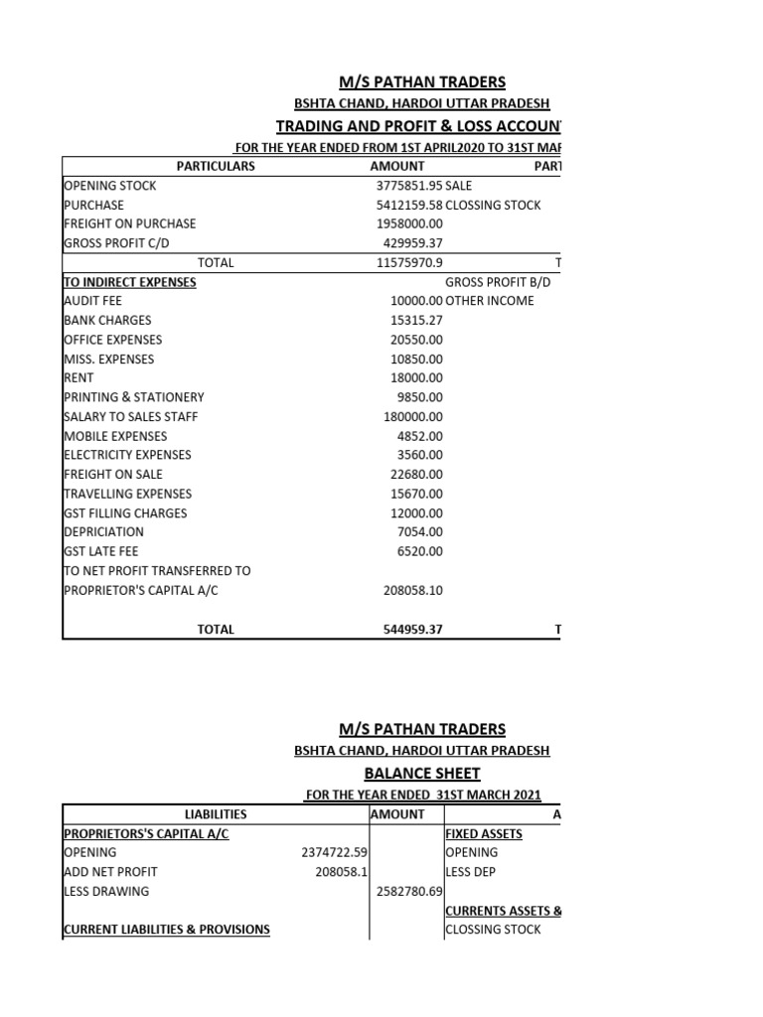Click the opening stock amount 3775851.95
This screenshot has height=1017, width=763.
[x=409, y=186]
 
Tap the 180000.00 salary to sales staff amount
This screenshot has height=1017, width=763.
[x=413, y=417]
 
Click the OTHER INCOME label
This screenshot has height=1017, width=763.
[x=490, y=301]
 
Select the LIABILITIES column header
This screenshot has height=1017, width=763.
[x=216, y=814]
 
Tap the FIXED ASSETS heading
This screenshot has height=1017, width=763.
[x=484, y=833]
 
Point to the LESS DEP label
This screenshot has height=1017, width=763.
[x=470, y=872]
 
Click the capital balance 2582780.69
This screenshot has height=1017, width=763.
[x=408, y=892]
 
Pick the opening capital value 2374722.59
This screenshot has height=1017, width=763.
[x=334, y=853]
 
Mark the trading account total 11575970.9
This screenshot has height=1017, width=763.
[x=409, y=263]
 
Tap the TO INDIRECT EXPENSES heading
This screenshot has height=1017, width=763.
[x=129, y=282]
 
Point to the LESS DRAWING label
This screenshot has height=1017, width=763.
[x=105, y=892]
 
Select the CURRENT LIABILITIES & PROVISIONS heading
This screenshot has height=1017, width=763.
[x=166, y=930]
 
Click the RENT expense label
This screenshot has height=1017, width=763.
[x=78, y=378]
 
